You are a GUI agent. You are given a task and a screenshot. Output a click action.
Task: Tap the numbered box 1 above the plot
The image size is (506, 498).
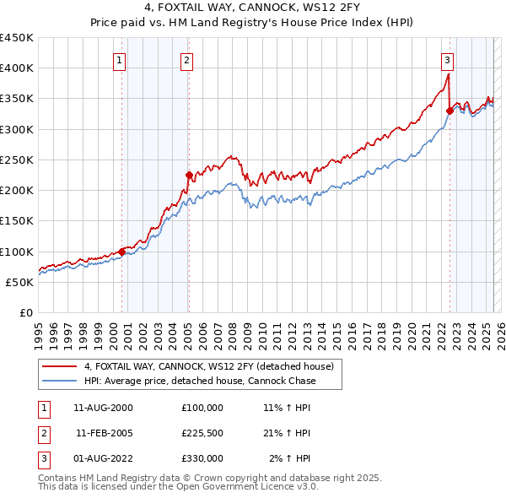point(120,60)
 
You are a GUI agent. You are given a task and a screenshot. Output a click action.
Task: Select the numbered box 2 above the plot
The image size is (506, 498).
point(186,60)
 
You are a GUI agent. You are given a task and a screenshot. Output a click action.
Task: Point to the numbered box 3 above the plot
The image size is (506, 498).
point(447,60)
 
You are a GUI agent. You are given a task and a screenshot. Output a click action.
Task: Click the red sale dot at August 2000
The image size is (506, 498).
point(121,252)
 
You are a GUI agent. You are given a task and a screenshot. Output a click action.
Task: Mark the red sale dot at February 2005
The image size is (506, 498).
point(189,175)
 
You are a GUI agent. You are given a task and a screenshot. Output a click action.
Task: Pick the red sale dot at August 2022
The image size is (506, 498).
point(449,110)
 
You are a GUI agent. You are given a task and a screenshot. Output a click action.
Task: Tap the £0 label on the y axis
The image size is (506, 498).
point(26,312)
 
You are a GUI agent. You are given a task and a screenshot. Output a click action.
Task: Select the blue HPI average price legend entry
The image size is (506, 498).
point(199,381)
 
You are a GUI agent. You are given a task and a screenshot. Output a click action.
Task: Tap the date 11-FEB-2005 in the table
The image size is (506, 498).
point(105,433)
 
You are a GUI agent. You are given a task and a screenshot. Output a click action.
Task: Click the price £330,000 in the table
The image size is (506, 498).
point(202,458)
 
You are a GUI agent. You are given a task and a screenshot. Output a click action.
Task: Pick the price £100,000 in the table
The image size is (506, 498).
point(202,408)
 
